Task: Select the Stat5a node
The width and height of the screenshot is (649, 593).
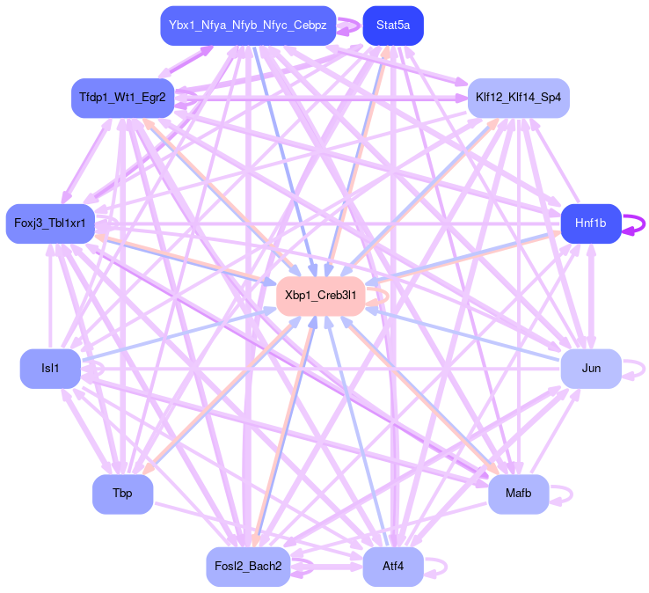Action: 392,26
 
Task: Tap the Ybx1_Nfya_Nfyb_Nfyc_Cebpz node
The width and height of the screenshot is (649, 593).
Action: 248,26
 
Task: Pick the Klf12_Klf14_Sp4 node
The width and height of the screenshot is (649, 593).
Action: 518,97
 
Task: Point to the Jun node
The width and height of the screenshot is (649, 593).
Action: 590,368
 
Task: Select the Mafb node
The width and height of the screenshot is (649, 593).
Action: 518,494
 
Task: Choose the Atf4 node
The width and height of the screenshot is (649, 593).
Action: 392,566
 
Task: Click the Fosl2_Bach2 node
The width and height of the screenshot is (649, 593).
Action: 248,566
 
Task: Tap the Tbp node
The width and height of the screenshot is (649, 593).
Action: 122,494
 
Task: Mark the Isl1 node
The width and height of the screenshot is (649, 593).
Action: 50,368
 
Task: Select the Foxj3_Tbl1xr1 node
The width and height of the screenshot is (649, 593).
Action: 50,223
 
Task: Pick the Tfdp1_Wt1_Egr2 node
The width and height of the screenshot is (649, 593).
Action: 122,97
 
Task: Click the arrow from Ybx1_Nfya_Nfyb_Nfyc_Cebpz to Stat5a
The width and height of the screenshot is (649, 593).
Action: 349,26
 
